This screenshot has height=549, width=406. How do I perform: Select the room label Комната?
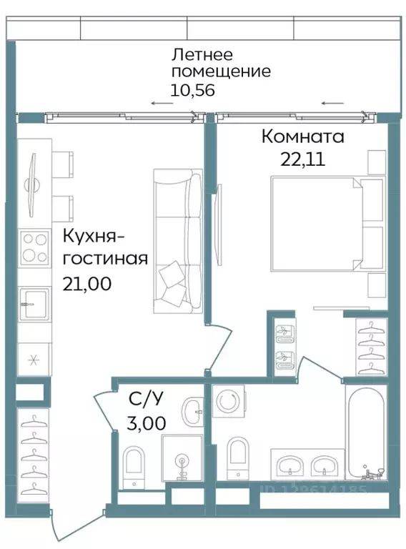[302, 136]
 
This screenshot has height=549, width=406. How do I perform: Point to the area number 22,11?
[302, 159]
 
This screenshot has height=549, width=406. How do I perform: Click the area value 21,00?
[86, 284]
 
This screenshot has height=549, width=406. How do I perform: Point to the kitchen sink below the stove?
[34, 304]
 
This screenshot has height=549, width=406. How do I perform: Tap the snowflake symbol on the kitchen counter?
[32, 360]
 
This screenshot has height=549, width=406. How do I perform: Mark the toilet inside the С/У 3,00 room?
[134, 465]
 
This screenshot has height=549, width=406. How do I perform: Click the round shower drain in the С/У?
[182, 461]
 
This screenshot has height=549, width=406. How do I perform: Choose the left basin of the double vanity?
[291, 465]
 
